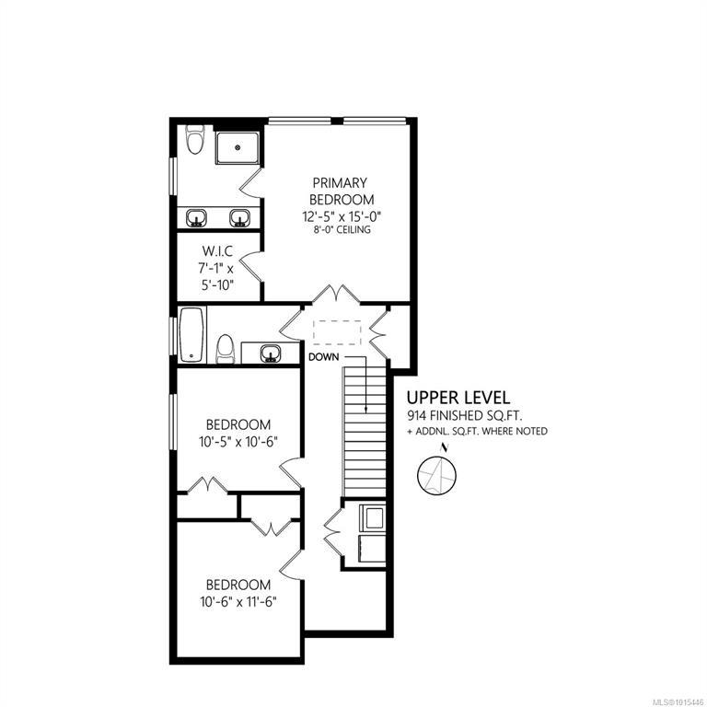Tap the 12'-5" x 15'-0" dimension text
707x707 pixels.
pyautogui.click(x=342, y=217)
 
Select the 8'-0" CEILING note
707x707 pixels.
pyautogui.click(x=342, y=230)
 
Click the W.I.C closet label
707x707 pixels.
pyautogui.click(x=217, y=251)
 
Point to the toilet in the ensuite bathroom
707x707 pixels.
pyautogui.click(x=195, y=139)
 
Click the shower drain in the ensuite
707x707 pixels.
pyautogui.click(x=238, y=147)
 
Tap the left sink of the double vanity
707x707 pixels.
pyautogui.click(x=197, y=218)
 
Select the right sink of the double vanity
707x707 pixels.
pyautogui.click(x=239, y=218)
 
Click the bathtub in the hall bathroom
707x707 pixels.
pyautogui.click(x=191, y=334)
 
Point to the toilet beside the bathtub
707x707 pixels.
pyautogui.click(x=225, y=349)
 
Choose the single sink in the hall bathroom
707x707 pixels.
pyautogui.click(x=271, y=353)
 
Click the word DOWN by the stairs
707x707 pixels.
pyautogui.click(x=323, y=357)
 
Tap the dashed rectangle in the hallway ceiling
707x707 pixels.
pyautogui.click(x=337, y=332)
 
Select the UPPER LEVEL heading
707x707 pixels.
pyautogui.click(x=458, y=398)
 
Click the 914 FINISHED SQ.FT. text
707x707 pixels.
pyautogui.click(x=465, y=415)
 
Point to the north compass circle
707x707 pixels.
pyautogui.click(x=437, y=475)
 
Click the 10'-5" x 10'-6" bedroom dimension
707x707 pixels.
pyautogui.click(x=238, y=442)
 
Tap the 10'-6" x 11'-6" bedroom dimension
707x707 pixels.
pyautogui.click(x=238, y=602)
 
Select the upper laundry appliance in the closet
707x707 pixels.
pyautogui.click(x=373, y=518)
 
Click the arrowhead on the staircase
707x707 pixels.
pyautogui.click(x=365, y=411)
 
